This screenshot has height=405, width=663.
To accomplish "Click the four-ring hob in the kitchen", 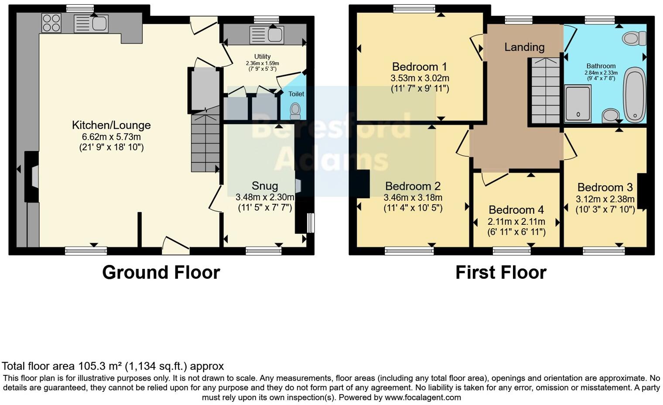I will [51, 23].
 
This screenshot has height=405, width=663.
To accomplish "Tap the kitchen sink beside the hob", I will [91, 24].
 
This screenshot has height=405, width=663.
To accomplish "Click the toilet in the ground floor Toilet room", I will [295, 110].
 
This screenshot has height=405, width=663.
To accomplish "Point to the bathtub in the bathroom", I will [634, 94].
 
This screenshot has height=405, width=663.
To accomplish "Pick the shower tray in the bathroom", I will [578, 103].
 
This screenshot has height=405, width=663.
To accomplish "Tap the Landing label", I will [524, 47].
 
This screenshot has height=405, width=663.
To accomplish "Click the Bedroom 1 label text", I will [419, 67].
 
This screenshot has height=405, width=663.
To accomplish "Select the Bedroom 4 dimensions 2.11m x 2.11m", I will [516, 222].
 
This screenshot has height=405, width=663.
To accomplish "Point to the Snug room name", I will [265, 186].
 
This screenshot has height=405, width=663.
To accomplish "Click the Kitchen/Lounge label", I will [111, 125].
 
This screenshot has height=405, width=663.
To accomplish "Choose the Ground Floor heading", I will [161, 272].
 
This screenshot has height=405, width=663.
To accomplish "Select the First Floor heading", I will [501, 272].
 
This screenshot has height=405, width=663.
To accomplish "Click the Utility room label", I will [262, 56].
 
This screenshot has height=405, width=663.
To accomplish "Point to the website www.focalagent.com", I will [422, 397].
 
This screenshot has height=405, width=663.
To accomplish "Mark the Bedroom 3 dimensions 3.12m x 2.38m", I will [605, 199].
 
